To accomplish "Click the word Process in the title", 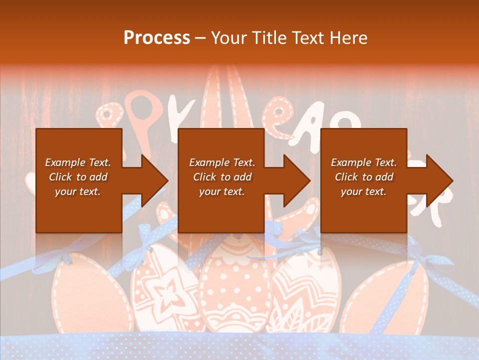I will pos(157,38).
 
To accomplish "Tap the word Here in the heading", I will pos(347,38).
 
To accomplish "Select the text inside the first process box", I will pos(78,177).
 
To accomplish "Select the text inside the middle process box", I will pos(222,177).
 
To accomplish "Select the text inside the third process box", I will pos(364,177).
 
